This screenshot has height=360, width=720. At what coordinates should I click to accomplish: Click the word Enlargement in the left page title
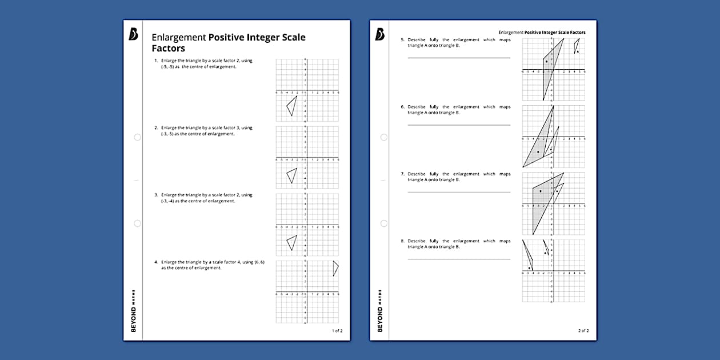178,38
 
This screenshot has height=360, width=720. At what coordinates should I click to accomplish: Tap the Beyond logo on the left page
133,35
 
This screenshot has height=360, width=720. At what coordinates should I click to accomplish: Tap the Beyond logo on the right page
380,35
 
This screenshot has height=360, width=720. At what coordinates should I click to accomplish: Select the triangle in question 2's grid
292,175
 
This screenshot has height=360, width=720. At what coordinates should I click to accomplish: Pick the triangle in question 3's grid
292,242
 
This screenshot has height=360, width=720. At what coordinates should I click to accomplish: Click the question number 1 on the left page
155,61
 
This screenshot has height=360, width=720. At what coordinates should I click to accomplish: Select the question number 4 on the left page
155,262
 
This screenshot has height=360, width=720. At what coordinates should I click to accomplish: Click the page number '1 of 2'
337,330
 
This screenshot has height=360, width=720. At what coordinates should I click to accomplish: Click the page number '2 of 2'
583,330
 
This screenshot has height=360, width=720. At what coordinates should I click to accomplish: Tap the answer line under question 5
459,58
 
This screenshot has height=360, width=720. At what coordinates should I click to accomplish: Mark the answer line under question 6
459,125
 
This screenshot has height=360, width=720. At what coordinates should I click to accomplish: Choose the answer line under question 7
459,192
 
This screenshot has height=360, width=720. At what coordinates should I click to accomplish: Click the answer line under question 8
459,259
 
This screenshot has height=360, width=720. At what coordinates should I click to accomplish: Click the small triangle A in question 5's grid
577,47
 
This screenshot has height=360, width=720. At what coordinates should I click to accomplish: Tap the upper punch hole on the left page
137,137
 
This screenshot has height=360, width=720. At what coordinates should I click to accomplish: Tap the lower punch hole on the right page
384,223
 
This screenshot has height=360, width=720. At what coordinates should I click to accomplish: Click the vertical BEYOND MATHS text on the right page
381,311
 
